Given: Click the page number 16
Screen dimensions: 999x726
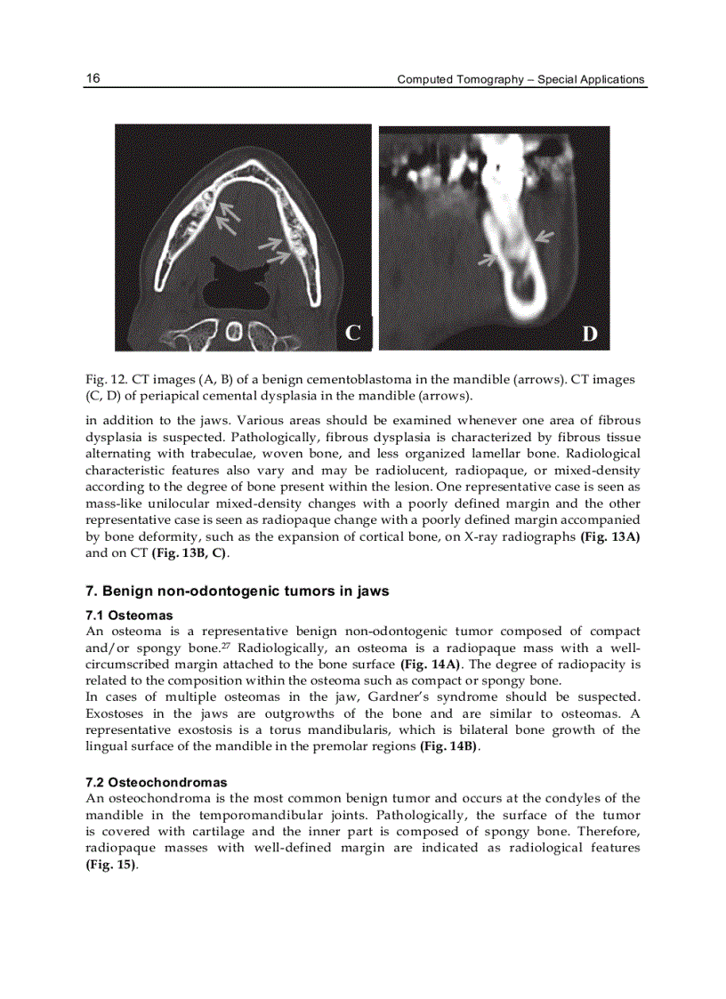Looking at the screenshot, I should [x=93, y=78].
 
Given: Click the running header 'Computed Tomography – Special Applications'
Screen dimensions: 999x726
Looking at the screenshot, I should [x=520, y=79].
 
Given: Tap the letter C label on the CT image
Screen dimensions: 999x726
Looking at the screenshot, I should [x=353, y=334].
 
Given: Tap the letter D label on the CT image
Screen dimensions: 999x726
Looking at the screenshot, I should [x=590, y=334].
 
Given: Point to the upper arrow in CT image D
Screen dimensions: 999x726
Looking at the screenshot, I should [x=544, y=237].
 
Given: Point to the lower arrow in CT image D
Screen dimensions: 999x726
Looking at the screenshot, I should [x=488, y=259].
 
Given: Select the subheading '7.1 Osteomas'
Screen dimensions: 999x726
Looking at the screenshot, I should [x=129, y=615].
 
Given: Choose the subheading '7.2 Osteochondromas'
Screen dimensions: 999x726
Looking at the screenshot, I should [x=156, y=783].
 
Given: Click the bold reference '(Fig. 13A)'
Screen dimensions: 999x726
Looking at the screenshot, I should [x=610, y=536].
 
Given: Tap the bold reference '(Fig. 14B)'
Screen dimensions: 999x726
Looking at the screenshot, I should [x=449, y=745].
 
